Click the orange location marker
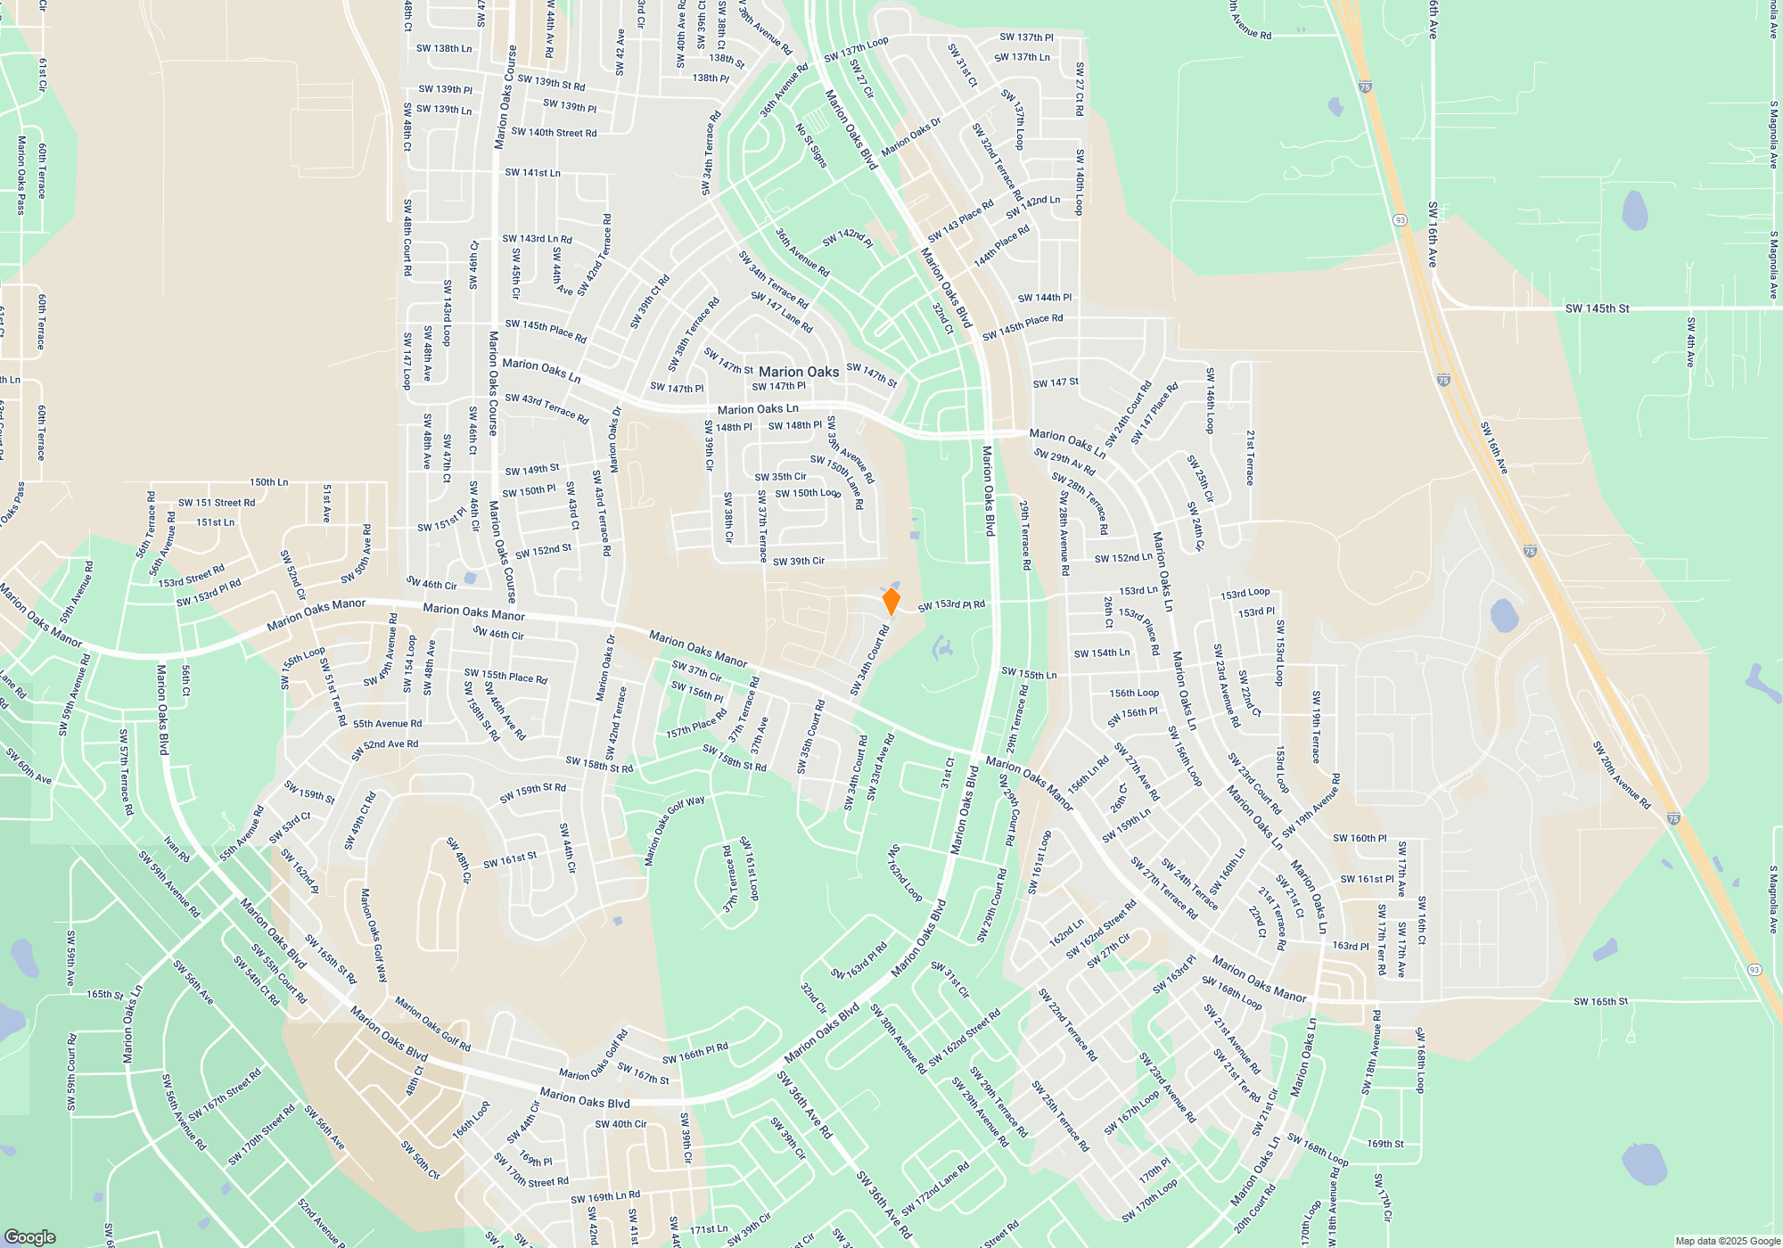(891, 602)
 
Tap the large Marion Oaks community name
(799, 372)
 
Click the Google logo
(29, 1236)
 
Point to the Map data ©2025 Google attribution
(1727, 1241)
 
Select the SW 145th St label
(1597, 308)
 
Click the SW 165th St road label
(1600, 1001)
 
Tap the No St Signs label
(811, 145)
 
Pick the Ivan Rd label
(177, 850)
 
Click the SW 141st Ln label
(532, 172)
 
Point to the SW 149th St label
(532, 470)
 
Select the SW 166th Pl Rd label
(694, 1053)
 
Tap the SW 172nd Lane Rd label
(934, 1189)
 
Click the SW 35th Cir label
(780, 477)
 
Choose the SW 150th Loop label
(808, 493)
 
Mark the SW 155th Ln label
(1029, 673)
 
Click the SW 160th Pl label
(1360, 838)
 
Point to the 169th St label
(1385, 1144)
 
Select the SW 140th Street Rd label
(554, 132)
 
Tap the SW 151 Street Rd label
(217, 503)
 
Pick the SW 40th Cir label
(620, 1124)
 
